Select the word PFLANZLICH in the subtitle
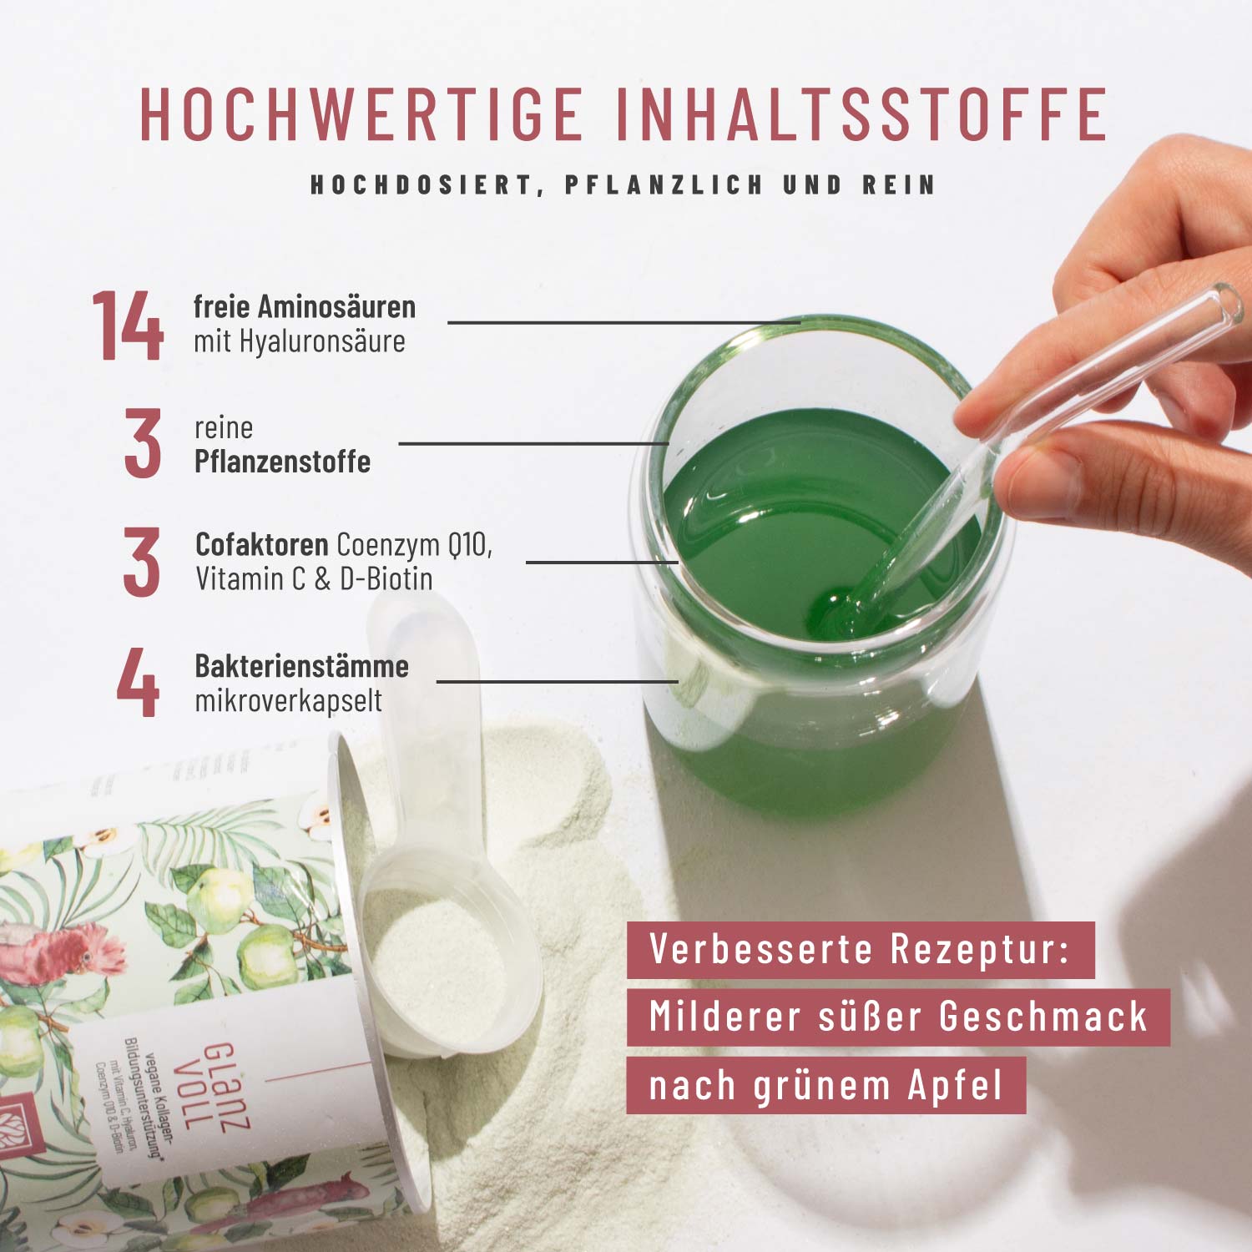point(664,184)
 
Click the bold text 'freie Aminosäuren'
point(305,307)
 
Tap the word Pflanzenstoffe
point(282,462)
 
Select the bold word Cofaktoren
point(261,544)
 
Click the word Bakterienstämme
point(301,666)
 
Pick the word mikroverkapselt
point(288,700)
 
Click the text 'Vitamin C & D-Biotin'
point(314,578)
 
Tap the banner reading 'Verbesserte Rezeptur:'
point(860,950)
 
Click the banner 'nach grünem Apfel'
point(825,1086)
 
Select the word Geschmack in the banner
point(1043,1017)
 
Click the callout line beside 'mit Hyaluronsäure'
point(622,322)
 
